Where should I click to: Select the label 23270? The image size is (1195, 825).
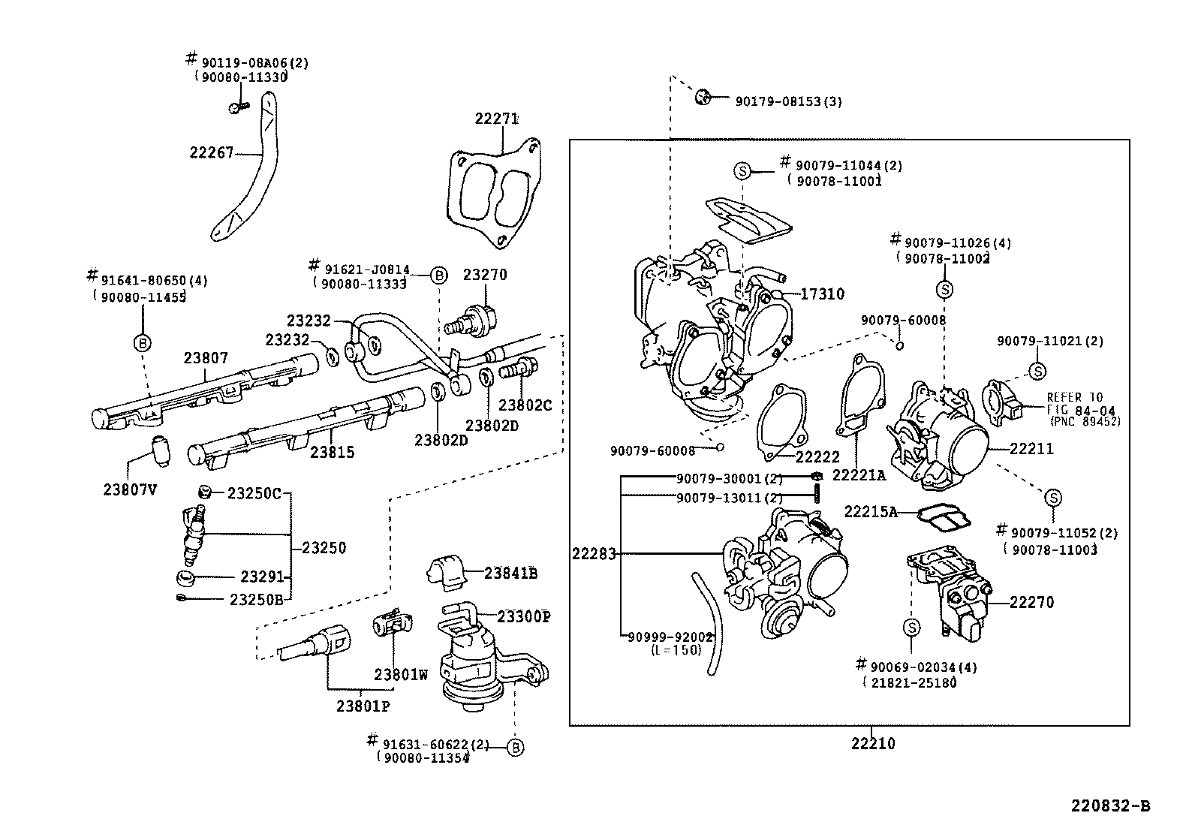(x=484, y=275)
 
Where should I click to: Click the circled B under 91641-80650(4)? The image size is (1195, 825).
(x=142, y=344)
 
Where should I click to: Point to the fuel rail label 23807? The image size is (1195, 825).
(x=206, y=359)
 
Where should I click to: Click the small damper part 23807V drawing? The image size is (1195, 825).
(x=161, y=449)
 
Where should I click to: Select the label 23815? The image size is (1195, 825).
(x=333, y=453)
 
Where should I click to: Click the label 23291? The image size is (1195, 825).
(x=263, y=577)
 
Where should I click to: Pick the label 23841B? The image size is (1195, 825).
(x=510, y=574)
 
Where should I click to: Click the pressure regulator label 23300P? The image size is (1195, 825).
(x=524, y=616)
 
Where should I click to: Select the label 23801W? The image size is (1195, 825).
(x=401, y=674)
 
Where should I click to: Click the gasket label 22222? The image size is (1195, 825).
(x=817, y=457)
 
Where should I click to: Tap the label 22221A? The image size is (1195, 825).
(x=859, y=475)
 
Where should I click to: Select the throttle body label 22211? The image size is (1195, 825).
(x=1031, y=449)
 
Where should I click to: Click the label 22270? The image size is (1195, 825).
(x=1031, y=602)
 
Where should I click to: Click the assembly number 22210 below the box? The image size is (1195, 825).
(x=873, y=744)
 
